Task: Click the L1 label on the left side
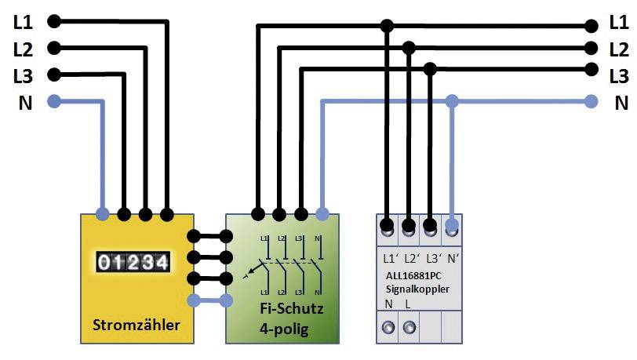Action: [x=23, y=23]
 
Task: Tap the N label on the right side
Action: [x=621, y=102]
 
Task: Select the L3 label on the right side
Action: [x=619, y=76]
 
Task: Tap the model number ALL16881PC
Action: [x=417, y=276]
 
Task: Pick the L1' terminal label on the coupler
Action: [x=391, y=257]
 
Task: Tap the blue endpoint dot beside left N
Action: [x=53, y=101]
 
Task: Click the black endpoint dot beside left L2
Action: [x=53, y=49]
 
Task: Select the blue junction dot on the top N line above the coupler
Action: [x=452, y=101]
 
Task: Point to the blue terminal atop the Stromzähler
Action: [x=102, y=213]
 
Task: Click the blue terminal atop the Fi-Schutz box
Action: [x=322, y=213]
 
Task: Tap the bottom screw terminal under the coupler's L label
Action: [x=409, y=325]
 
